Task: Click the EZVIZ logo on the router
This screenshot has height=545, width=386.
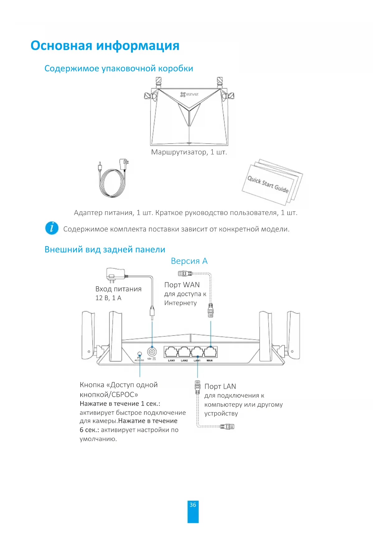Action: pyautogui.click(x=189, y=94)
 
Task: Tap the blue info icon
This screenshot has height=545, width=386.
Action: pyautogui.click(x=52, y=228)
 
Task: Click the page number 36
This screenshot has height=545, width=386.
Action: pyautogui.click(x=193, y=505)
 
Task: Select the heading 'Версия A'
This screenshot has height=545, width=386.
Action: pyautogui.click(x=189, y=261)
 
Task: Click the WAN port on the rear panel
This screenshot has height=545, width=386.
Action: pyautogui.click(x=211, y=352)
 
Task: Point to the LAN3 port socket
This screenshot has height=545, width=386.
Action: pyautogui.click(x=171, y=352)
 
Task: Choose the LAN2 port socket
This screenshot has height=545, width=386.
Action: pyautogui.click(x=184, y=352)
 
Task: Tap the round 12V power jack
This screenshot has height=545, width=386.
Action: pyautogui.click(x=152, y=352)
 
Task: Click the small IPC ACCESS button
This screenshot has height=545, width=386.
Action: pyautogui.click(x=140, y=354)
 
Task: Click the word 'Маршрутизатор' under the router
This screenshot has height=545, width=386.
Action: pyautogui.click(x=179, y=152)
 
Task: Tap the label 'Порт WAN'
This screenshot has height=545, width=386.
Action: pyautogui.click(x=182, y=285)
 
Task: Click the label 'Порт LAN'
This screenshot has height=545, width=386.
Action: pyautogui.click(x=220, y=387)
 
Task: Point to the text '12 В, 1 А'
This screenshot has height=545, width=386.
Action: pyautogui.click(x=108, y=298)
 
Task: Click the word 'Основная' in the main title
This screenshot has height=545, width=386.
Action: pyautogui.click(x=62, y=46)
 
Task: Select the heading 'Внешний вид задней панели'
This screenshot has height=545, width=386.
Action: pyautogui.click(x=105, y=250)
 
